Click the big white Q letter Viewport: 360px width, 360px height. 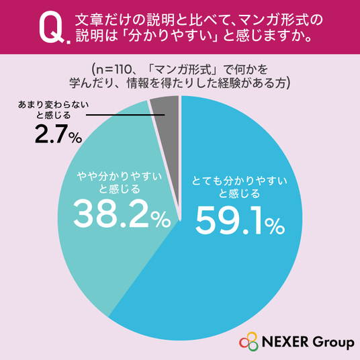point(52,27)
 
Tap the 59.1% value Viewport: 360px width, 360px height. point(240,221)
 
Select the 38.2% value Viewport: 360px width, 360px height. point(122,214)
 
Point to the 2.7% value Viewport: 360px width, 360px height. point(58,134)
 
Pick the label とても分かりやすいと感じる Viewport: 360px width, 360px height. point(240,187)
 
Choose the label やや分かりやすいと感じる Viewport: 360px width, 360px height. point(120,183)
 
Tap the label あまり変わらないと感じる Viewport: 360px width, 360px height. point(53,110)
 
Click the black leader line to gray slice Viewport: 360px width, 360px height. point(126,115)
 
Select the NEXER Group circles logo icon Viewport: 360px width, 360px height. point(249,341)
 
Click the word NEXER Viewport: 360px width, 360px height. point(285,341)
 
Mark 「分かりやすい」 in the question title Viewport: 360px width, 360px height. point(170,36)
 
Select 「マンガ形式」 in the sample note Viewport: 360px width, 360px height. point(183,69)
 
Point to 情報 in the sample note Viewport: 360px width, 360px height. point(139,83)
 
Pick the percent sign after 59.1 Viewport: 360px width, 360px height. point(275,226)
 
